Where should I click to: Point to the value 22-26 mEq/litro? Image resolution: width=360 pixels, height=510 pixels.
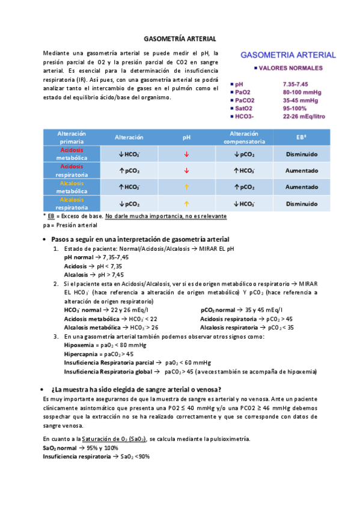pos(304,116)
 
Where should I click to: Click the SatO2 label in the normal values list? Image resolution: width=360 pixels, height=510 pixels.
pos(245,108)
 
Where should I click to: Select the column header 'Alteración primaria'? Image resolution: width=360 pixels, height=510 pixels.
pos(72,137)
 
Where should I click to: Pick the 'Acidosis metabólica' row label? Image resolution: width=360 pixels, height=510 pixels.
pos(72,153)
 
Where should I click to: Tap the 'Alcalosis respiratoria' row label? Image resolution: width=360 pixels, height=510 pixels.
pos(72,203)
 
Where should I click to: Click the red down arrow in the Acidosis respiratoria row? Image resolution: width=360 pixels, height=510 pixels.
pos(186,171)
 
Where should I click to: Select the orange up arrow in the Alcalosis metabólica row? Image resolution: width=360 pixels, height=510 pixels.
pos(186,187)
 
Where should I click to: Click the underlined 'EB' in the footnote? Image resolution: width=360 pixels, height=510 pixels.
pos(51,215)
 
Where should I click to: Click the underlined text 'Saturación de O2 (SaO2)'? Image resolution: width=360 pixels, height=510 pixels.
pos(114,439)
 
